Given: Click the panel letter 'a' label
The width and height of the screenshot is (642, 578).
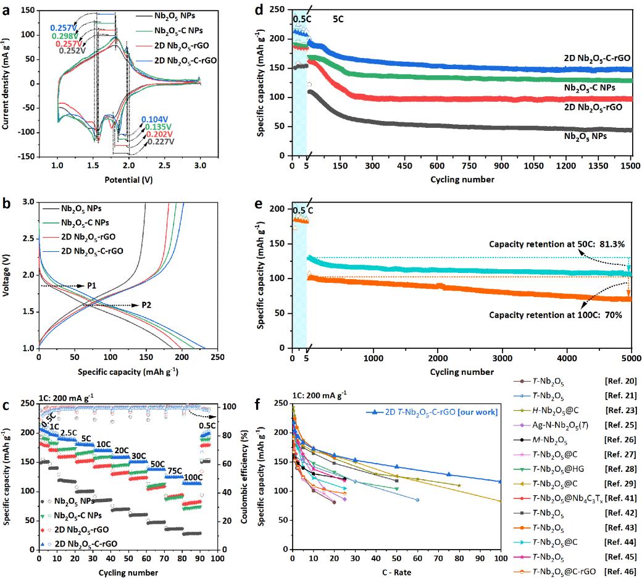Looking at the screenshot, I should tap(5, 7).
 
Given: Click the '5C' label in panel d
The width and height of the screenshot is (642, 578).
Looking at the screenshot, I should tap(338, 19).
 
